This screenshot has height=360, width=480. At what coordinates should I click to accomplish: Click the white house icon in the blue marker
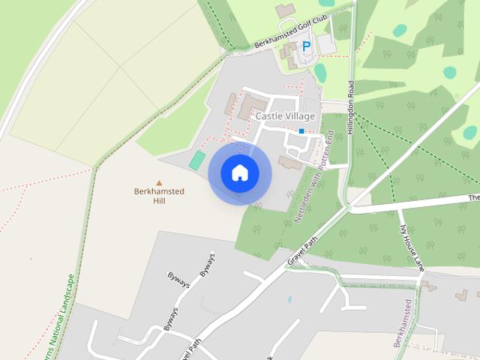coord(240,173)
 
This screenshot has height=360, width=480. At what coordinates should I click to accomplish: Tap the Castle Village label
coord(285,116)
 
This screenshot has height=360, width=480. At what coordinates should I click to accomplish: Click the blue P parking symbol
coord(306,46)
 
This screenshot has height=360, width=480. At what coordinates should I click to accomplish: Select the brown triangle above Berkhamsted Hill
coord(159,182)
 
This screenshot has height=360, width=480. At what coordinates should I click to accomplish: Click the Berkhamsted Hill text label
coord(159,196)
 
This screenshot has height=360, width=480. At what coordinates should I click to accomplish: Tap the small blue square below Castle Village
coord(301,131)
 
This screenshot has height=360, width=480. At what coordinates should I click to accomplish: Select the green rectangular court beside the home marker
coord(197,160)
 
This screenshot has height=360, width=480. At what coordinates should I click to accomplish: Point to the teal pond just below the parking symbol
coord(321,73)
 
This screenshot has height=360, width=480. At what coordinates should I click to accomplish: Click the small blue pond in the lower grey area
coord(289,299)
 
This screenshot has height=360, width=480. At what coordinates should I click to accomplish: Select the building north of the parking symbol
coord(285,10)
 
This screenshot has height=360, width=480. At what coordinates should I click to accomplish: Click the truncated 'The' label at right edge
coord(473,198)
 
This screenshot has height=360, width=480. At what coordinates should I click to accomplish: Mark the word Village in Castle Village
coord(300,116)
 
